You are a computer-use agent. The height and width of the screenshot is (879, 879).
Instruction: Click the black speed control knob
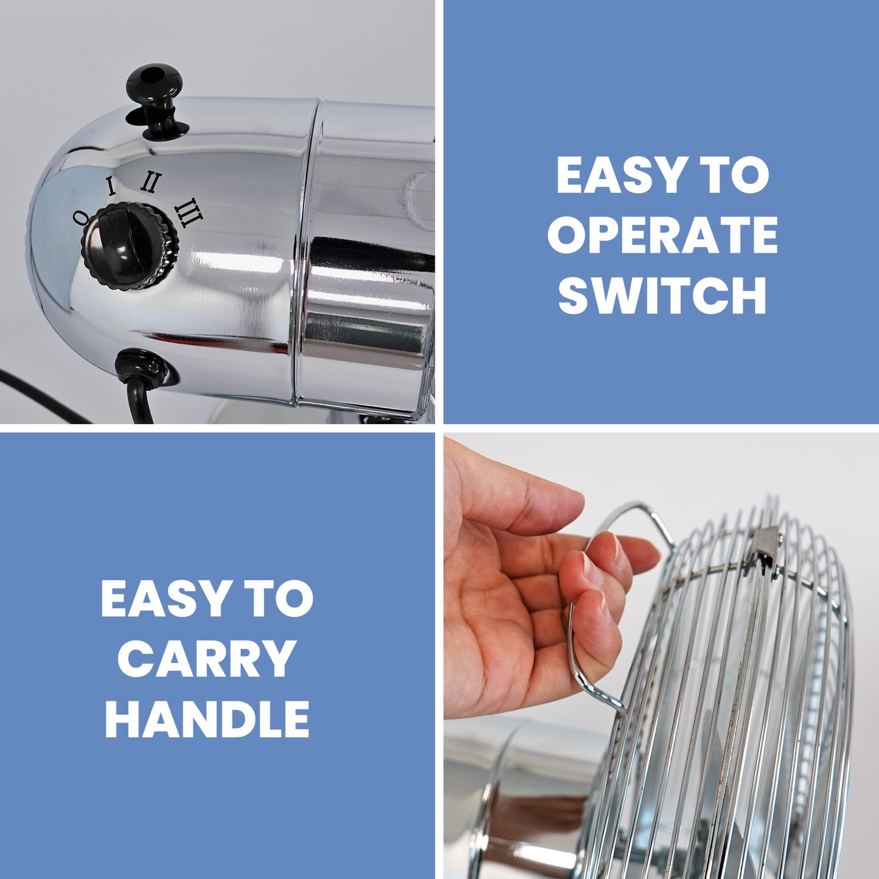(x=130, y=246)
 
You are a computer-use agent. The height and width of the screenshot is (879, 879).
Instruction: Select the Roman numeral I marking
(x=111, y=186)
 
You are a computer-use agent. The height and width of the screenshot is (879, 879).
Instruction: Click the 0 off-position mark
(x=80, y=217)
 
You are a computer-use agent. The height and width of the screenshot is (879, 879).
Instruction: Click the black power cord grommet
(x=139, y=369)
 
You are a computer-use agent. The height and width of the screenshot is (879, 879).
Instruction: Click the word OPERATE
(x=662, y=234)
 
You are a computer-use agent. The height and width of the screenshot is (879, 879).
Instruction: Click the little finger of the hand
(x=593, y=652)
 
